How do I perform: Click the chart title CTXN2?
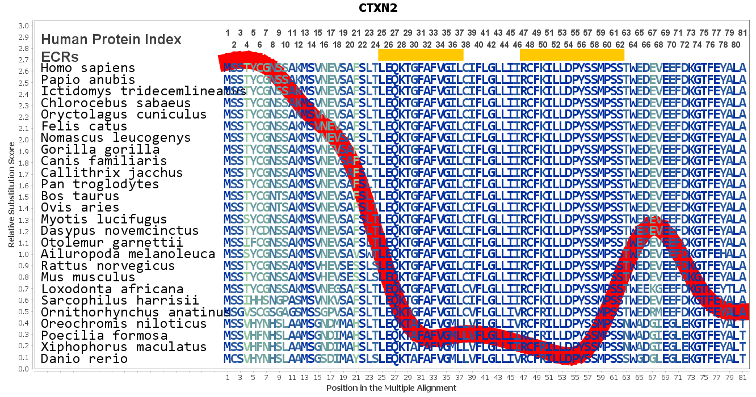pos(377,8)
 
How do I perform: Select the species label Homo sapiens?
pos(88,68)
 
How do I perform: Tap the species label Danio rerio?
pos(84,359)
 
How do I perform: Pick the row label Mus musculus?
pos(88,277)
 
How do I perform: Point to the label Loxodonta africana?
pos(112,289)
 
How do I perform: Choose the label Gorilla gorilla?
pos(100,150)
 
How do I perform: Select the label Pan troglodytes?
pos(100,184)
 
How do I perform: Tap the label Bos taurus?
pos(80,196)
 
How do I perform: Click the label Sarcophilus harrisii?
pos(120,301)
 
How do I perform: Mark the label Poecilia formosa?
pos(104,336)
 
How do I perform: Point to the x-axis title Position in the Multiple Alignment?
pos(391,388)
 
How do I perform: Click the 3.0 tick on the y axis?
pos(23,26)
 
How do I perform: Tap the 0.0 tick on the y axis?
pos(23,369)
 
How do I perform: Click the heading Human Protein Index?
pos(111,39)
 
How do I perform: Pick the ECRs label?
pos(60,57)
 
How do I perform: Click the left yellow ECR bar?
pos(421,54)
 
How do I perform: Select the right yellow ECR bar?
pos(572,54)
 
